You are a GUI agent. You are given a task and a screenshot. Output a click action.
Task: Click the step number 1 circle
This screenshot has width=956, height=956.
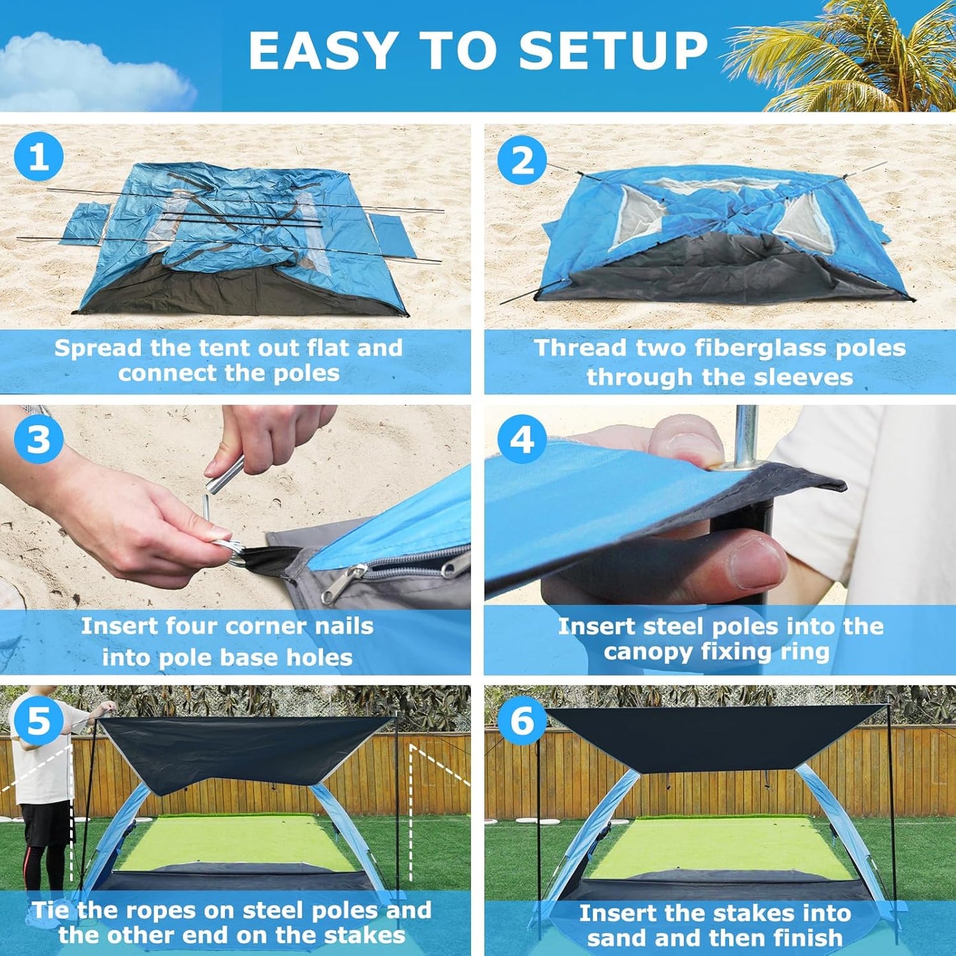pos(38,157)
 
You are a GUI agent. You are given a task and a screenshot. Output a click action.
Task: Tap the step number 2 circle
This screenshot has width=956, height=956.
pos(522,160)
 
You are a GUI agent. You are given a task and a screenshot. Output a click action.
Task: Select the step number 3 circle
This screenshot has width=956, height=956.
pos(38,439)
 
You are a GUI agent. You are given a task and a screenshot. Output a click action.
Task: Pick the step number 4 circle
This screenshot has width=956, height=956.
pos(522,439)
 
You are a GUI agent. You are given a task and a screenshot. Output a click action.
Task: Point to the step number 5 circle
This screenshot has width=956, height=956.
pos(38,720)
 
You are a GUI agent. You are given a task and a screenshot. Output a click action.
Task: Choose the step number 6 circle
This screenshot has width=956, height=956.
pos(522,720)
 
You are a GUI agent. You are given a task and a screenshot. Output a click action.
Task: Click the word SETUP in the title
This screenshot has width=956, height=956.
pos(613,51)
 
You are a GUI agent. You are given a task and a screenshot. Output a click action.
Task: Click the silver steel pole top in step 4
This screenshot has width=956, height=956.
pos(746,430)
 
